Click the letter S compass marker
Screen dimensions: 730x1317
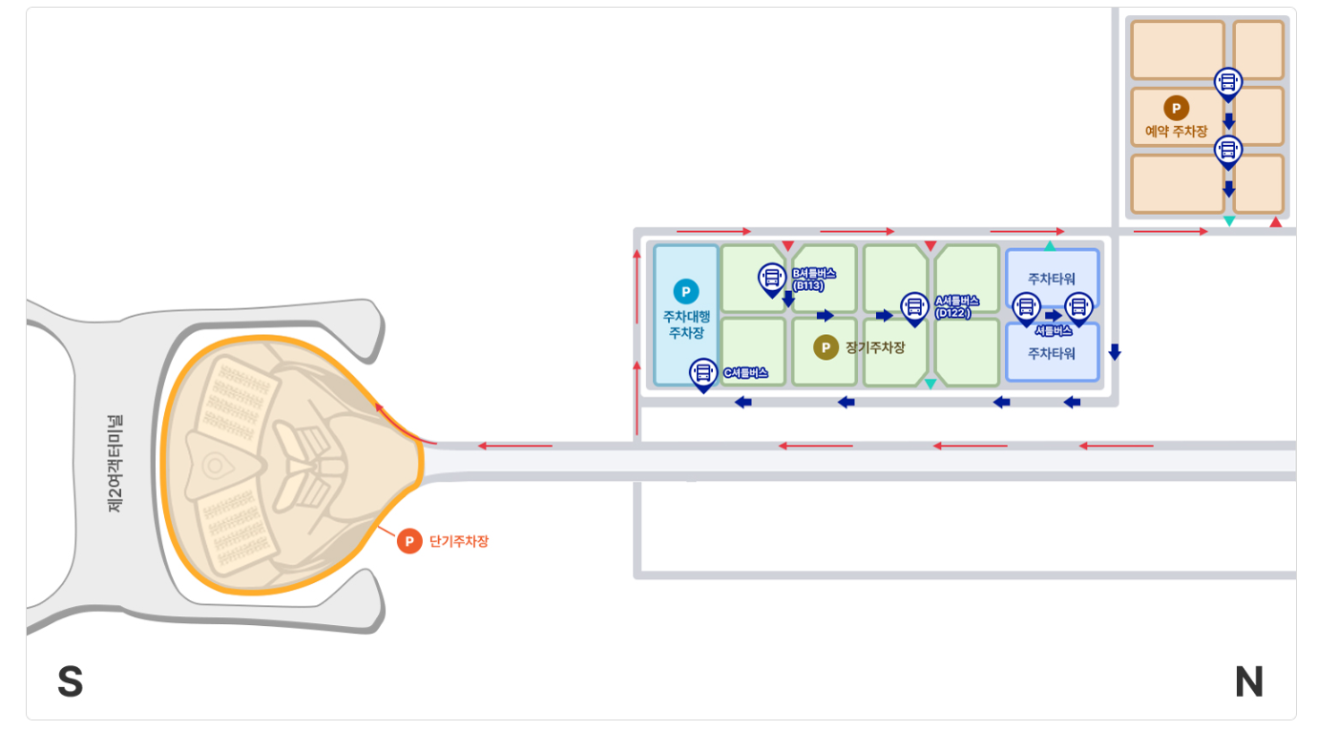(x=71, y=682)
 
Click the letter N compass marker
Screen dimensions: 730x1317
(x=1248, y=682)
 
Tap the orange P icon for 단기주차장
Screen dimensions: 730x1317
(x=409, y=541)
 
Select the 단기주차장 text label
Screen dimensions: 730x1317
(x=459, y=541)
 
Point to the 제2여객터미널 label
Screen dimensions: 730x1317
(x=116, y=464)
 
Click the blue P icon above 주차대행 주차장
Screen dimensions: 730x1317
(x=685, y=291)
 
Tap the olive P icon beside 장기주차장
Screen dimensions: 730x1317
(x=826, y=347)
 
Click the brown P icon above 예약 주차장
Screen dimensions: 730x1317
(x=1176, y=108)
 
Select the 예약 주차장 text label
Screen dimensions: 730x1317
(x=1177, y=132)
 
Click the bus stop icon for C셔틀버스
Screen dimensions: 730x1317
(x=703, y=372)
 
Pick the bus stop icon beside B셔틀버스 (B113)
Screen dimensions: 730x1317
(x=771, y=278)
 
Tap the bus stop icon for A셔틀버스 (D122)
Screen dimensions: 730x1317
(x=914, y=306)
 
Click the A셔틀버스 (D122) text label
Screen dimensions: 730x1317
(x=956, y=306)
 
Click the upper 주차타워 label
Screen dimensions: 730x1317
(x=1052, y=279)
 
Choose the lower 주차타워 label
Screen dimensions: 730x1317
(x=1052, y=353)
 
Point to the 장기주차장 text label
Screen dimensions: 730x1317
(x=874, y=347)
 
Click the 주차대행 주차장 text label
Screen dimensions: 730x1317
(x=685, y=324)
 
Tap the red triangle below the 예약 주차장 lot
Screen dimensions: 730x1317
(x=1275, y=222)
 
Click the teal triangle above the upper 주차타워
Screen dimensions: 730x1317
(x=1050, y=246)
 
